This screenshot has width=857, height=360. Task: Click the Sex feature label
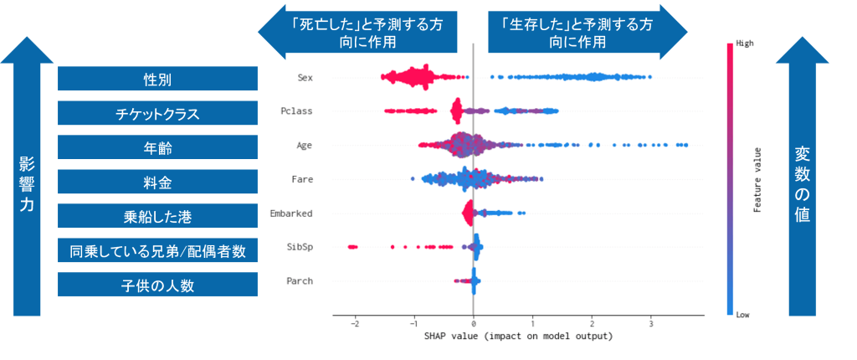pyautogui.click(x=305, y=78)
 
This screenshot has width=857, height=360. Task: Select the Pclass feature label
pyautogui.click(x=297, y=111)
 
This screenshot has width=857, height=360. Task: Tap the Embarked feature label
pyautogui.click(x=291, y=213)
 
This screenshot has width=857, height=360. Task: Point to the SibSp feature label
pyautogui.click(x=299, y=247)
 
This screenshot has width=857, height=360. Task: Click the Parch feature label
pyautogui.click(x=299, y=281)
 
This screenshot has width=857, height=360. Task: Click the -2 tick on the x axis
pyautogui.click(x=355, y=324)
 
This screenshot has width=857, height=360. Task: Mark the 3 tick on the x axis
pyautogui.click(x=650, y=324)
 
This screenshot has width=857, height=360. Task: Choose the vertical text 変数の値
pyautogui.click(x=804, y=185)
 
